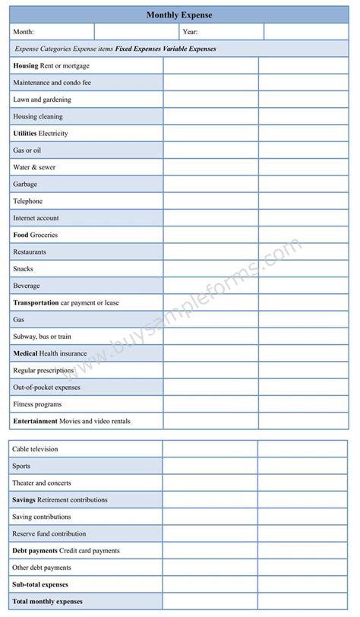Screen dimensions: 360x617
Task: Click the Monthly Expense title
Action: (179, 15)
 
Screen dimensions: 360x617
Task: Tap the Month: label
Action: (24, 32)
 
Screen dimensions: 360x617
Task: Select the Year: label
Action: (190, 32)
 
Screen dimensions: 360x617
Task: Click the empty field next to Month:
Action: (137, 32)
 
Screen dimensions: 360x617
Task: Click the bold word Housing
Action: (25, 66)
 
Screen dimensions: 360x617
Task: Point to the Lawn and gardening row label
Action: (42, 100)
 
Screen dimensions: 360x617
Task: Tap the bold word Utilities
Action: (24, 134)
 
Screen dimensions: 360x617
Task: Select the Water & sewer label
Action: (34, 167)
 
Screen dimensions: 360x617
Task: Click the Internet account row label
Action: (36, 218)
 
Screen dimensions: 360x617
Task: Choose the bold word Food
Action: (21, 235)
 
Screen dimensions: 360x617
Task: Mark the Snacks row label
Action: (23, 269)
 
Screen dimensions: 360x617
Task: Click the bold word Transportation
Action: (36, 302)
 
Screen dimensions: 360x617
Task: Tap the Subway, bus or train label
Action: (42, 337)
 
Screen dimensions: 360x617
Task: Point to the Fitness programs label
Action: (37, 404)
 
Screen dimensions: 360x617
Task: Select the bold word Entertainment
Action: (35, 421)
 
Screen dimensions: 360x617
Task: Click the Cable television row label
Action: (35, 449)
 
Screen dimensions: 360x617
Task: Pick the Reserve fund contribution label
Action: (49, 534)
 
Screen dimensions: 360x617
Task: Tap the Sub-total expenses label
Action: (40, 584)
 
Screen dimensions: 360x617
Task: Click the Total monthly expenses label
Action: (47, 602)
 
